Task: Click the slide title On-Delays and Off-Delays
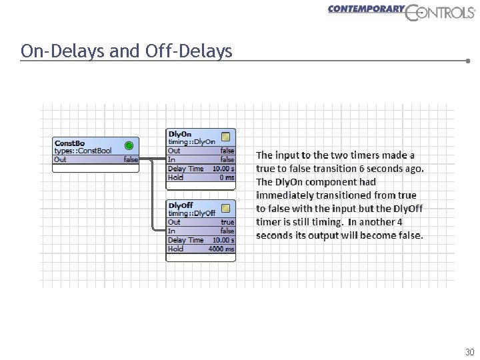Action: pyautogui.click(x=127, y=51)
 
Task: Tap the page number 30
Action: pyautogui.click(x=469, y=351)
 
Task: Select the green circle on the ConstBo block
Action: pyautogui.click(x=129, y=145)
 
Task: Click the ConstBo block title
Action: pyautogui.click(x=69, y=143)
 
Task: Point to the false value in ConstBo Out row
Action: pyautogui.click(x=131, y=160)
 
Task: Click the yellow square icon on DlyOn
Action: pyautogui.click(x=226, y=136)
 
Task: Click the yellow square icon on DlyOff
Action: pyautogui.click(x=226, y=207)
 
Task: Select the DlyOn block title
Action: pyautogui.click(x=179, y=133)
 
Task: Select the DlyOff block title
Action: pyautogui.click(x=181, y=205)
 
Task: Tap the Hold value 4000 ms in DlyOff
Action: pyautogui.click(x=221, y=249)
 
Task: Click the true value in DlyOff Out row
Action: pyautogui.click(x=227, y=222)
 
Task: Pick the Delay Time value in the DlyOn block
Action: pyautogui.click(x=223, y=169)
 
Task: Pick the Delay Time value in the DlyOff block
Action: pyautogui.click(x=223, y=240)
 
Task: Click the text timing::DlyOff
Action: pyautogui.click(x=191, y=213)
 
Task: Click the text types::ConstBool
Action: pyautogui.click(x=83, y=151)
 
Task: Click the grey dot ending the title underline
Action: pyautogui.click(x=469, y=61)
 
